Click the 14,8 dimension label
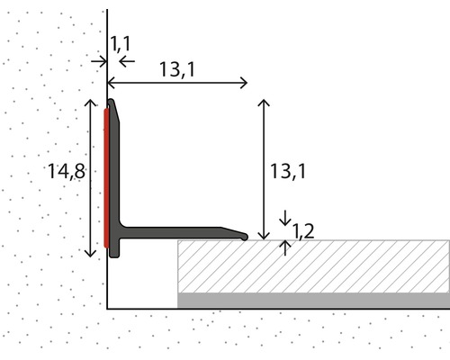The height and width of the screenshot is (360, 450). tap(67, 171)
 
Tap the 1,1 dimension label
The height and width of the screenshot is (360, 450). tap(121, 43)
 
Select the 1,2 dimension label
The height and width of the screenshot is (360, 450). tap(303, 231)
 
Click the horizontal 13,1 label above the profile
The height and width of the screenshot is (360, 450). tap(177, 69)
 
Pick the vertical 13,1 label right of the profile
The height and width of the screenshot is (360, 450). tap(288, 172)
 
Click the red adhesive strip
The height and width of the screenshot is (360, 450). tap(106, 178)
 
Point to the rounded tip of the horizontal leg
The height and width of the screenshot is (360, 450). tap(245, 237)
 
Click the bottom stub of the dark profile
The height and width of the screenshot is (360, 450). tap(114, 248)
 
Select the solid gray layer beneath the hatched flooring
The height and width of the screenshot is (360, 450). tap(313, 301)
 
